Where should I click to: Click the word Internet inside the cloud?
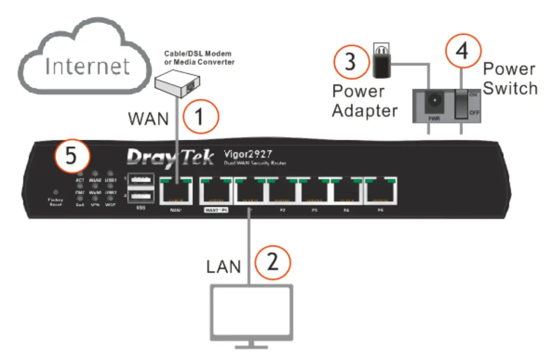point(87,66)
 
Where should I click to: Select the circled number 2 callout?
point(273,263)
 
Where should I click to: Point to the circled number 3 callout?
point(351,62)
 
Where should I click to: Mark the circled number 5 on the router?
point(72,156)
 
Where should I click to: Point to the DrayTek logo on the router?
point(170,157)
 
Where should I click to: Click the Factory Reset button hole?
point(56,192)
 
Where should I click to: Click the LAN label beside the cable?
point(224,266)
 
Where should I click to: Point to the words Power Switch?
point(510,78)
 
